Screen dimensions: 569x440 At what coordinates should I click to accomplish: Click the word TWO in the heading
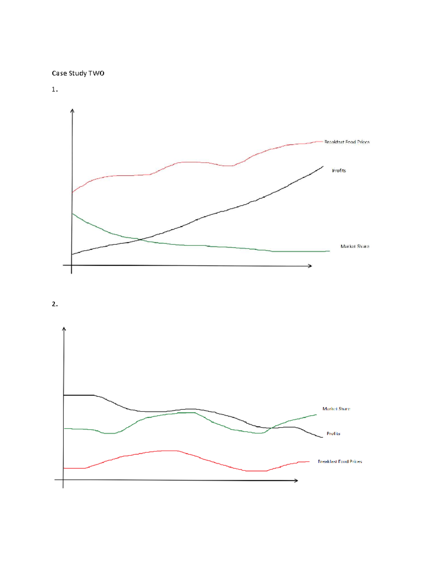pos(96,73)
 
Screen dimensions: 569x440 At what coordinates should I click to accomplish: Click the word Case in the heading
pos(59,73)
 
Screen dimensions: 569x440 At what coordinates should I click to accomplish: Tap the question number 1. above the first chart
pos(55,89)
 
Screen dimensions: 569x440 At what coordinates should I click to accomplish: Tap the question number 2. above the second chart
pos(55,304)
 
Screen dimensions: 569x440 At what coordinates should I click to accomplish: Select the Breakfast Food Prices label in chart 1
pos(347,142)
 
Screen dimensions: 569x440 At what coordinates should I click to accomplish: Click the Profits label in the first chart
pos(339,170)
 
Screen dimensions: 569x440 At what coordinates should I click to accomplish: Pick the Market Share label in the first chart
pos(355,246)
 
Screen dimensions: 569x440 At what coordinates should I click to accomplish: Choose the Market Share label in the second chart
pos(336,409)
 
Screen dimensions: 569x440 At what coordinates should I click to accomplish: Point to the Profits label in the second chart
pos(333,433)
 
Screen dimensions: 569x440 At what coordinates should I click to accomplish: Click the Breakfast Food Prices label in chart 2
pos(340,462)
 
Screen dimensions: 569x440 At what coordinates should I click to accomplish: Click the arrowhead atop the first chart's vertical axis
pos(72,111)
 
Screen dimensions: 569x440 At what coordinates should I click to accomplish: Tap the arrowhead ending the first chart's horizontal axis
pos(310,266)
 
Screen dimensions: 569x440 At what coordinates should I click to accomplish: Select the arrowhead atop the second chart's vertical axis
pos(64,329)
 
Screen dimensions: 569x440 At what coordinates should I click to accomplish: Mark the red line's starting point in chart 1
pos(72,192)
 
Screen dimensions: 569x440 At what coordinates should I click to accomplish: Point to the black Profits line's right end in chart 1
pos(323,166)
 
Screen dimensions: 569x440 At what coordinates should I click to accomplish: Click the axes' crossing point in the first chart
pos(72,265)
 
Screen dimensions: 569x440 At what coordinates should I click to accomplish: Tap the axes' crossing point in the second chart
pos(63,480)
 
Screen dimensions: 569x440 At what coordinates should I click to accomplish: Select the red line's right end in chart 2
pos(309,462)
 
